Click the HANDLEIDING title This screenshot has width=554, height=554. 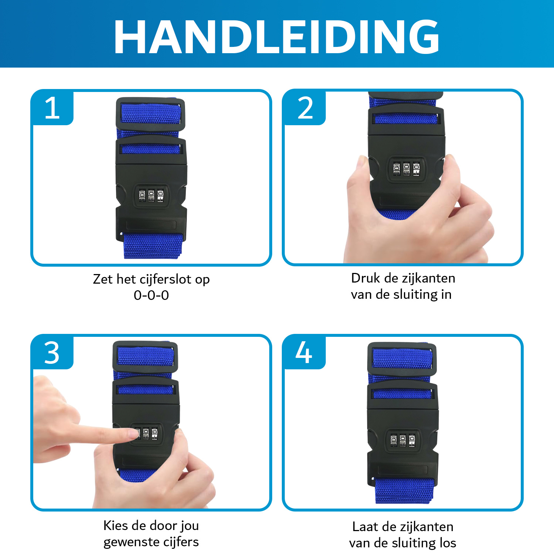pyautogui.click(x=277, y=37)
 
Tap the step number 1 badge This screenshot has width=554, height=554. pyautogui.click(x=52, y=108)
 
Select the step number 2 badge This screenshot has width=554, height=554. pyautogui.click(x=305, y=108)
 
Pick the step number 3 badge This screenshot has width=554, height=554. pyautogui.click(x=52, y=352)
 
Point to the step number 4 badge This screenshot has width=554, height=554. pyautogui.click(x=304, y=352)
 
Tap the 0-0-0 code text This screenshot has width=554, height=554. pyautogui.click(x=151, y=295)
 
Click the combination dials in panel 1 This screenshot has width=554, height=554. pyautogui.click(x=151, y=195)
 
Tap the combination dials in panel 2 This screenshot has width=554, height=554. pyautogui.click(x=406, y=168)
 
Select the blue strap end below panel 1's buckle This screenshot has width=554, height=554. pyautogui.click(x=153, y=246)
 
